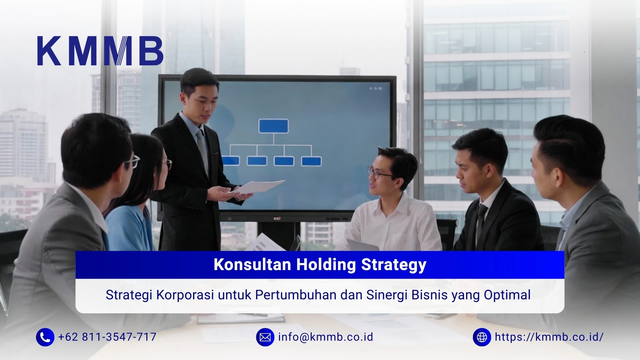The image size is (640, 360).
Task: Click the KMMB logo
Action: pos(100,51)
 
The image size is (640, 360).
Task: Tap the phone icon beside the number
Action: pos(45,337)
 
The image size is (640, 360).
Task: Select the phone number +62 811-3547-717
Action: pos(107,337)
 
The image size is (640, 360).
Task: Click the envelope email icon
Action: pos(265,337)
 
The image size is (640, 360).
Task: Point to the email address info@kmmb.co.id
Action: pos(325,337)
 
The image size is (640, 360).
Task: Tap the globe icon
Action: pos(482,337)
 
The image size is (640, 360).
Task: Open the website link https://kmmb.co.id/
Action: pos(549,337)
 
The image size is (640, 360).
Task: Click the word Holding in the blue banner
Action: pos(326,265)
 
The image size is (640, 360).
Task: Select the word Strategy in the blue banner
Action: pos(394,265)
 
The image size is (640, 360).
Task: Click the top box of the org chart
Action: pos(273,126)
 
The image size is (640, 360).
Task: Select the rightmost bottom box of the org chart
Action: pos(311,161)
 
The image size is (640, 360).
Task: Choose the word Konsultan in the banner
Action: pos(252,265)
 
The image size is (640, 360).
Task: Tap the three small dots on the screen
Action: pos(375,89)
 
